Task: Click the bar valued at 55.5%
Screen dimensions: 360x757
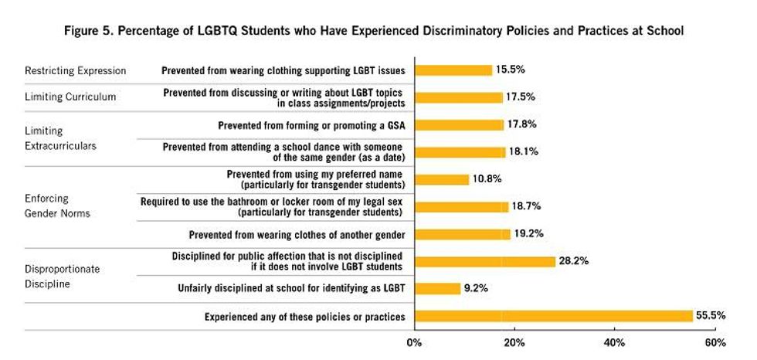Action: pyautogui.click(x=553, y=316)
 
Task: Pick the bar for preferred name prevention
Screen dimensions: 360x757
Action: pyautogui.click(x=442, y=179)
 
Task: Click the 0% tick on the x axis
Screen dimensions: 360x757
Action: pyautogui.click(x=415, y=342)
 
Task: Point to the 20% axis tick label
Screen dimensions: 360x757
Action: pyautogui.click(x=514, y=342)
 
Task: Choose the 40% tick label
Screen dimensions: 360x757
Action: pyautogui.click(x=614, y=342)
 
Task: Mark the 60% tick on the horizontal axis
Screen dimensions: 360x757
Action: pyautogui.click(x=715, y=342)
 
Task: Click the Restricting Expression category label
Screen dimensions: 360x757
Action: pyautogui.click(x=75, y=70)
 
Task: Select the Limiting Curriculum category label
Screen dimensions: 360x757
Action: pyautogui.click(x=70, y=97)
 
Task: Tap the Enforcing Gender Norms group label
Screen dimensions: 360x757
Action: pyautogui.click(x=57, y=206)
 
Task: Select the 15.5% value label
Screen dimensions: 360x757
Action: pyautogui.click(x=510, y=70)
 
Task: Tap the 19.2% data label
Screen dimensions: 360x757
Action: pyautogui.click(x=530, y=233)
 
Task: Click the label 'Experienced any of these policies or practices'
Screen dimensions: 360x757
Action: pyautogui.click(x=304, y=317)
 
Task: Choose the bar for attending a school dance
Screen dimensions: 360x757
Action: pyautogui.click(x=460, y=152)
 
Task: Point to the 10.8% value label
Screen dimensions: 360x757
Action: pyautogui.click(x=487, y=179)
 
